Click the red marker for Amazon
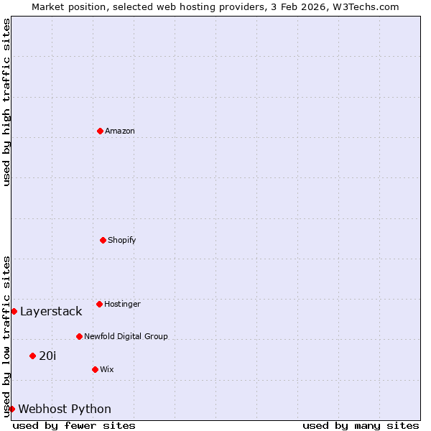coord(100,131)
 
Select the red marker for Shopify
coord(103,240)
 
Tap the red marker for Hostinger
coord(99,304)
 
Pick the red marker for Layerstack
coord(14,311)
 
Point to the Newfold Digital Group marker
coord(79,336)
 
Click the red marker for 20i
coord(32,356)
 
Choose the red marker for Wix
coord(95,369)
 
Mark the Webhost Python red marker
coord(11,409)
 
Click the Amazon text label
coord(120,131)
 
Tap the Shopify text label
coord(122,240)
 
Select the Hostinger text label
coord(122,304)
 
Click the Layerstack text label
coord(51,311)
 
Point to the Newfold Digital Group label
coord(126,336)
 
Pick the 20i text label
coord(47,356)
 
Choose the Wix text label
coord(107,369)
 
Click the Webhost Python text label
coord(65,409)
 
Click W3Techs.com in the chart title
coord(367,6)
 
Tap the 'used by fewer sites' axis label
coord(74,425)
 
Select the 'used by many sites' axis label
coord(361,425)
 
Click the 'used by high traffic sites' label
coord(6,103)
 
